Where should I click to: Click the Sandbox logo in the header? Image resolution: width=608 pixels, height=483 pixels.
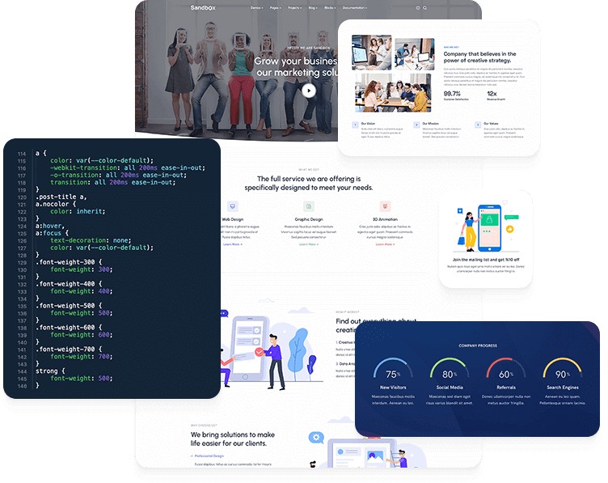[x=180, y=7]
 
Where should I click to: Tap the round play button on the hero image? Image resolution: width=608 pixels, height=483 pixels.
[x=309, y=91]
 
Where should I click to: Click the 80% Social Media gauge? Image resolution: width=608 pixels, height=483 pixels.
[x=449, y=373]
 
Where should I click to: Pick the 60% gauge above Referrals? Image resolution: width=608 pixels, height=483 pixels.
[x=505, y=373]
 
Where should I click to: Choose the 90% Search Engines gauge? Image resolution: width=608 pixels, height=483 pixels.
[x=562, y=373]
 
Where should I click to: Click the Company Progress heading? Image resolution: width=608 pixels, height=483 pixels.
[x=477, y=345]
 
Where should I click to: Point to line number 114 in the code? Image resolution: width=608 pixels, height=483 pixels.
[x=21, y=153]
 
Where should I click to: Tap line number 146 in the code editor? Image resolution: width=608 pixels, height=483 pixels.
[x=21, y=385]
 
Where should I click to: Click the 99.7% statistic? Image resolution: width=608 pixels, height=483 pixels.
[x=452, y=94]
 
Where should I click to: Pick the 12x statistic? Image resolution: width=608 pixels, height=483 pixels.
[x=492, y=94]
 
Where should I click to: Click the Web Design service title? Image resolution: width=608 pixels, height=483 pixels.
[x=232, y=219]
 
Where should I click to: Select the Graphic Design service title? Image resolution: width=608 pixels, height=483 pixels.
[x=308, y=219]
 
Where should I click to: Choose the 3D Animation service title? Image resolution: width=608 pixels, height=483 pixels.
[x=384, y=219]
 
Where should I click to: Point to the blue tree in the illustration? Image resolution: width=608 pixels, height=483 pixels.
[x=297, y=349]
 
